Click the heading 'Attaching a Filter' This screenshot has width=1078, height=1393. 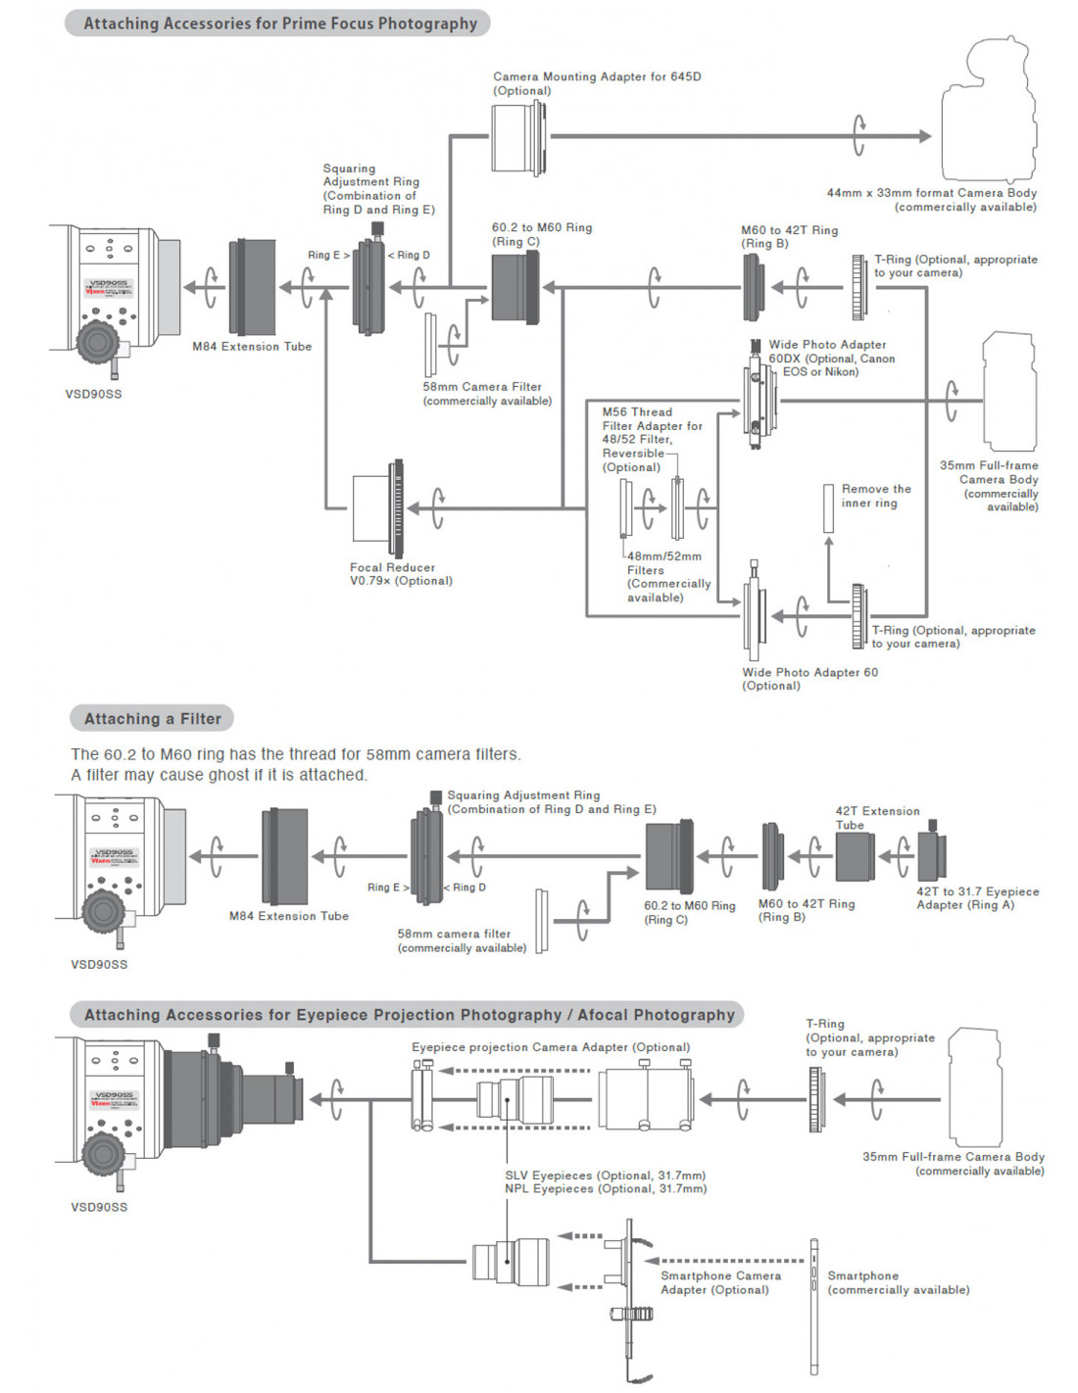[152, 718]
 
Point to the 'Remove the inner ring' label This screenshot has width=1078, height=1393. [875, 496]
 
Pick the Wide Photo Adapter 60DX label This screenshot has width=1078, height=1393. [831, 358]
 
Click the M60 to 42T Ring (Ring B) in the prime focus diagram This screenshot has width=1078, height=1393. [752, 287]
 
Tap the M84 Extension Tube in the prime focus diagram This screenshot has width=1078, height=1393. [252, 287]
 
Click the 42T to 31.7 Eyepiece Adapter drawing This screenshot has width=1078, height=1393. [931, 854]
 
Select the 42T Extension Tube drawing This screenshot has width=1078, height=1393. [854, 856]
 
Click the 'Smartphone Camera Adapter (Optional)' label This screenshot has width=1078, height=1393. [720, 1282]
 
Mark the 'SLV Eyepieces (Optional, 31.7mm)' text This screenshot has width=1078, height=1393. [605, 1175]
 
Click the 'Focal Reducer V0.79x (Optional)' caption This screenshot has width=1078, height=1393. [401, 574]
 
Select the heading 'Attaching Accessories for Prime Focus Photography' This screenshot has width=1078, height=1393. [279, 24]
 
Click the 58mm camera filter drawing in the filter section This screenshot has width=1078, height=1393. [541, 920]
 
